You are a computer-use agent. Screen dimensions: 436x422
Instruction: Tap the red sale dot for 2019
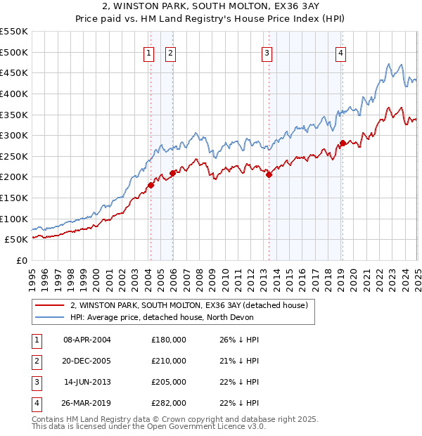[x=343, y=143]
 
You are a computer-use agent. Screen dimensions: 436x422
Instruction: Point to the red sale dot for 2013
[x=269, y=175]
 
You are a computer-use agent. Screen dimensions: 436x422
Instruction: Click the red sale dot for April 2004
[x=150, y=186]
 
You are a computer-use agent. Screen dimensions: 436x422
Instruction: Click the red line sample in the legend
[x=49, y=305]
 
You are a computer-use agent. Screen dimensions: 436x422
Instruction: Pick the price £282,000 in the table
[x=169, y=404]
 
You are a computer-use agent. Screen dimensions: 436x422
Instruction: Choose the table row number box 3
[x=37, y=383]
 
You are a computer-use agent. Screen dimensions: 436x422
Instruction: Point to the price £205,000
[x=169, y=383]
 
